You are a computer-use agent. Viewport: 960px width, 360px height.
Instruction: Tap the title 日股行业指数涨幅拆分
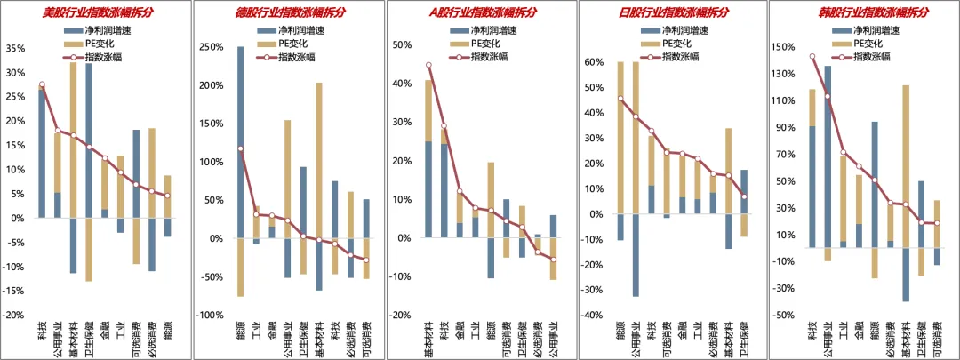pos(673,12)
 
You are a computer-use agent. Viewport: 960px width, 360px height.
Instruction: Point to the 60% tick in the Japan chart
pos(591,62)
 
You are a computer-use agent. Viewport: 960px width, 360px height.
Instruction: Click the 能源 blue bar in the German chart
pos(240,141)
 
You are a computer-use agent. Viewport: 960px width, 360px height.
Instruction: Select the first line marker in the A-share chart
pos(428,65)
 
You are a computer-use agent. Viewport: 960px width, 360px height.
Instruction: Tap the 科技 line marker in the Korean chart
pos(812,57)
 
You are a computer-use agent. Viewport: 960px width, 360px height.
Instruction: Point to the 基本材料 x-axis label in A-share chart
pos(428,338)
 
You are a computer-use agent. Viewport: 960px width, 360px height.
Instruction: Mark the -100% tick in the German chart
pos(207,316)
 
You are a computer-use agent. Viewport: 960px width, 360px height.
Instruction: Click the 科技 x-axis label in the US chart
pos(42,329)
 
